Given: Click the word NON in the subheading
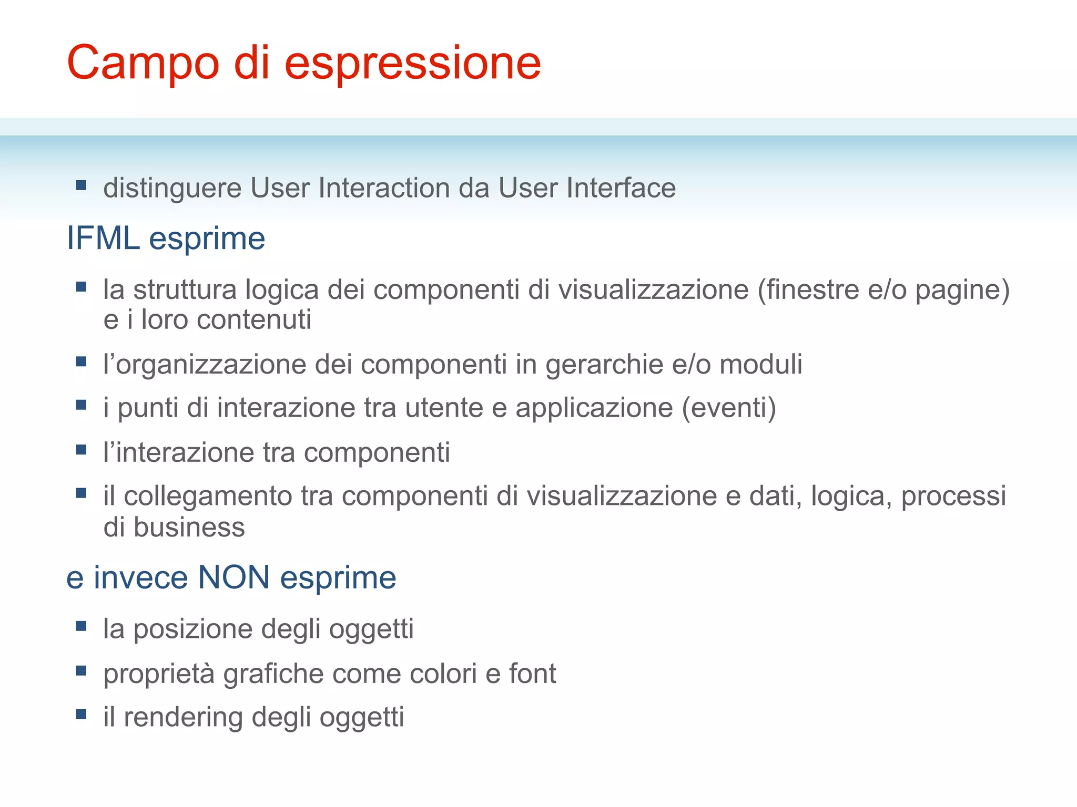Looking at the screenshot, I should tap(234, 577).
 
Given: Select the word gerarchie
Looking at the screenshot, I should tap(604, 365).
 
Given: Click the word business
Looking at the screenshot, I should tap(189, 527).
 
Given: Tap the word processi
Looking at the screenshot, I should tap(953, 496).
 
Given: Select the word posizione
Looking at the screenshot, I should tap(192, 629).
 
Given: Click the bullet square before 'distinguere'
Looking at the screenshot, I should tap(81, 185).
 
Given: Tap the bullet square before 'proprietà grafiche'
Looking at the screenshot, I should tap(81, 670).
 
